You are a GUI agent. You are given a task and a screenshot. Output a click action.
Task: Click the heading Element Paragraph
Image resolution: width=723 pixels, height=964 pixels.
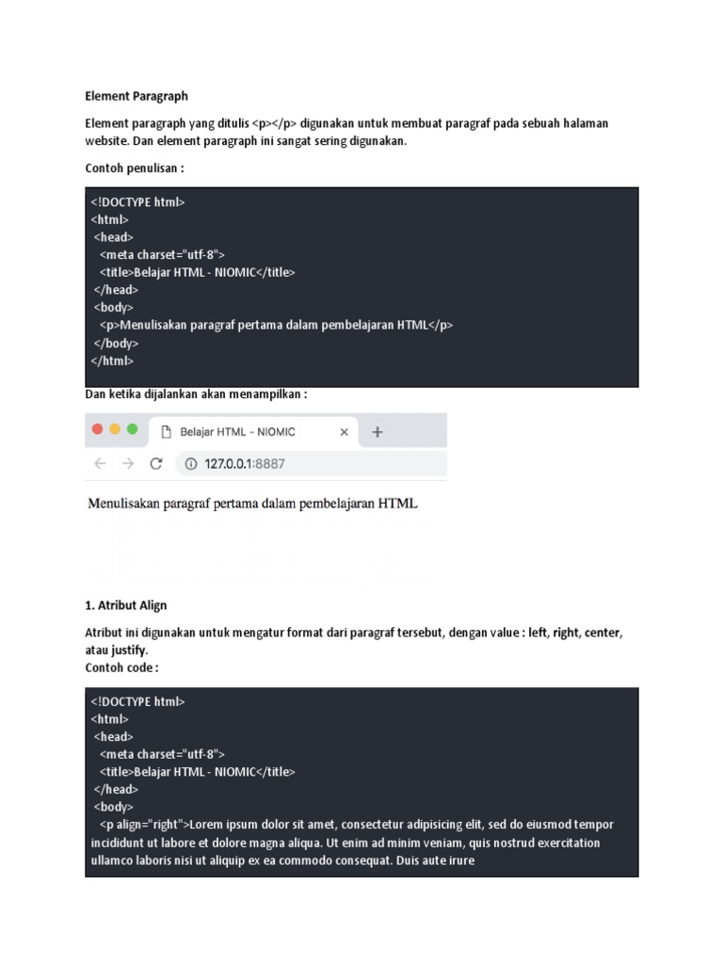click(137, 96)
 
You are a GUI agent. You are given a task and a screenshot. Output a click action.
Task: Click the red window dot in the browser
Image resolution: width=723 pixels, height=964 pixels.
click(97, 429)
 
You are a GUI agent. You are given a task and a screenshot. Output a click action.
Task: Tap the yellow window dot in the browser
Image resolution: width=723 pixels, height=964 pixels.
click(115, 429)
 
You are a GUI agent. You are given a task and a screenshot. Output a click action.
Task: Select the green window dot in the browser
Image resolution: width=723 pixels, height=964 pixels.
click(133, 429)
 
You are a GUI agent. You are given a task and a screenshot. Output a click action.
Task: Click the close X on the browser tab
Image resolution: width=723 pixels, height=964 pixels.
click(344, 432)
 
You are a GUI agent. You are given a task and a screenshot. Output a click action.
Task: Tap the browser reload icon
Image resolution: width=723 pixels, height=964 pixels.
click(156, 463)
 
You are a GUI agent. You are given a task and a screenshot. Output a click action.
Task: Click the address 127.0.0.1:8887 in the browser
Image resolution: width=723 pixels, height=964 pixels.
click(244, 463)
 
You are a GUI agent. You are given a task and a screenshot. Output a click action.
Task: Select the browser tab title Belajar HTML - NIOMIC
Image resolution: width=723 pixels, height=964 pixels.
click(237, 432)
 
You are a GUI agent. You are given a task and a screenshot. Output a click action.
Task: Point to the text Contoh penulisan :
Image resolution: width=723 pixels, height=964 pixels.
click(135, 169)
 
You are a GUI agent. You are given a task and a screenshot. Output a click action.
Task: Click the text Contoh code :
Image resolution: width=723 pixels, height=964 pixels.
click(122, 667)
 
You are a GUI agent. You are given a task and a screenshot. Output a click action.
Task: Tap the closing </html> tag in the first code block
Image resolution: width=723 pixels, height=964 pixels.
click(112, 361)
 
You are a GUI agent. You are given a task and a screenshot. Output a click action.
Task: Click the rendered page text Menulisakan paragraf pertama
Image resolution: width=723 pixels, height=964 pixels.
click(252, 504)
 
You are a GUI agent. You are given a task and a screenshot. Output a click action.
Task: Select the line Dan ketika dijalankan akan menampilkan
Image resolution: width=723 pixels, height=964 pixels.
click(196, 394)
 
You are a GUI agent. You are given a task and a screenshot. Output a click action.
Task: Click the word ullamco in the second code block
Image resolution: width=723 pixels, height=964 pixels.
click(114, 860)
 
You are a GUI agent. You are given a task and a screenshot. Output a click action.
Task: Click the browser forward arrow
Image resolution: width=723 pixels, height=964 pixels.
click(128, 463)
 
